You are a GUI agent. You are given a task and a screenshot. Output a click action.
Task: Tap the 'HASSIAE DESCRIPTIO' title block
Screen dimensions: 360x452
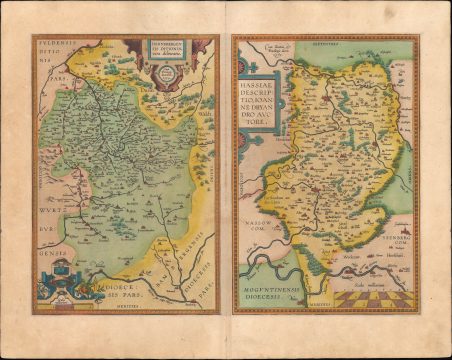[x=263, y=96]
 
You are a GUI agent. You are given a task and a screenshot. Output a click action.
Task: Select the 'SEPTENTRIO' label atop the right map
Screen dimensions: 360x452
[x=327, y=44]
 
